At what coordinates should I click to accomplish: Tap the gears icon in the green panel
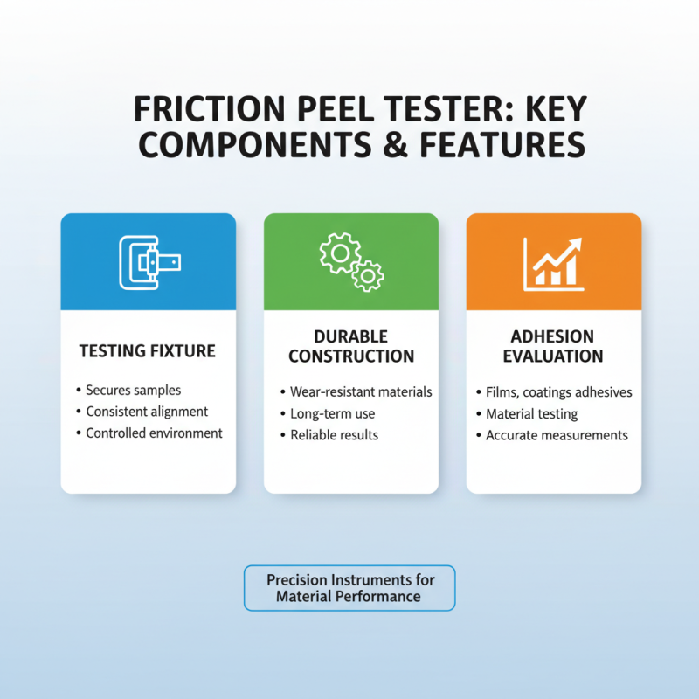351,261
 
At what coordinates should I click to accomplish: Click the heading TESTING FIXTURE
148,351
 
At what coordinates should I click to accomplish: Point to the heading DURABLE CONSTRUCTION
351,346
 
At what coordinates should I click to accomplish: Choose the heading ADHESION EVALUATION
554,346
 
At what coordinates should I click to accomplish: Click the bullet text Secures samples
133,390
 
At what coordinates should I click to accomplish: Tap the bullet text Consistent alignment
147,411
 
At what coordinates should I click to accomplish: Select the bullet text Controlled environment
154,433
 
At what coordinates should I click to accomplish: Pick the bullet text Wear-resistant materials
361,392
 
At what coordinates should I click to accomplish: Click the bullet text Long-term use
332,413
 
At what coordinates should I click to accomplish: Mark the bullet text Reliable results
335,434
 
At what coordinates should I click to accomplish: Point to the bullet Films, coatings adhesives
559,392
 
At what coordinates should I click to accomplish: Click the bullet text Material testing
532,413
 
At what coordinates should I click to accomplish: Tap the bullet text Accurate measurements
557,434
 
